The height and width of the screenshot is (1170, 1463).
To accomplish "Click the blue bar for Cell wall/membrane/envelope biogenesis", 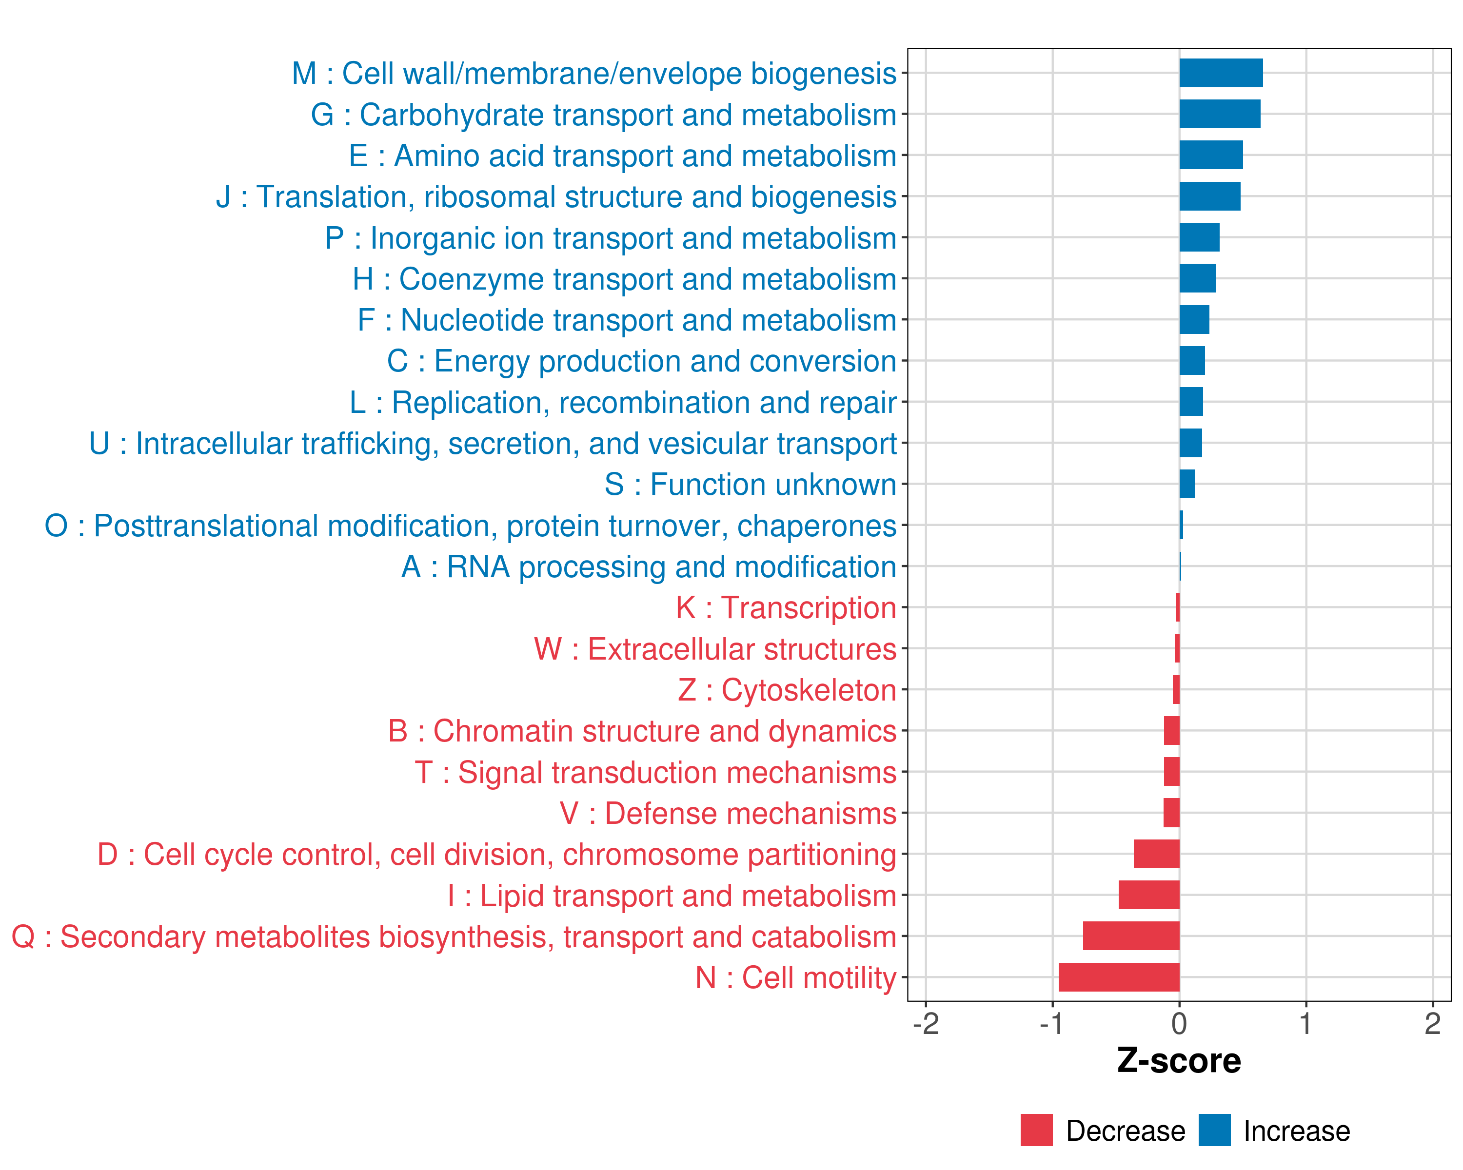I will coord(1221,73).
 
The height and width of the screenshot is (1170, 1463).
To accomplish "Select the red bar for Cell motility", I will coord(1119,977).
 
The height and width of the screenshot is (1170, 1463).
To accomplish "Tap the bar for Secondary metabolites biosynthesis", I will coord(1131,936).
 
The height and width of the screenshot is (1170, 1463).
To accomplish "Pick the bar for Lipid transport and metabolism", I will coord(1149,896).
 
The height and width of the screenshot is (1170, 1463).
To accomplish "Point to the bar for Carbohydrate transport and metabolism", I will coord(1219,114).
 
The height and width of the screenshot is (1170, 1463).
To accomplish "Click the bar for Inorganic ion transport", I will coord(1199,237).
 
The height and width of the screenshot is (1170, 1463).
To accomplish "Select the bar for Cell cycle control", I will coord(1156,854).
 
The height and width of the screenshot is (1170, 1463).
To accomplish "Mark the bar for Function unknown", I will coord(1187,484).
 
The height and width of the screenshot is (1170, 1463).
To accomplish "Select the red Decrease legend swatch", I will coord(1036,1131).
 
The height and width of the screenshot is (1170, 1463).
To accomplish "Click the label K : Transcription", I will coord(786,608).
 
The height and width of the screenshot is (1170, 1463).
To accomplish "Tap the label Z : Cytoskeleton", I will coord(787,690).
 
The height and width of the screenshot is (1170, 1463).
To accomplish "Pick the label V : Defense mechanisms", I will coord(728,813).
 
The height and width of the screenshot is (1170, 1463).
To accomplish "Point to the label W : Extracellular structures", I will coord(715,649).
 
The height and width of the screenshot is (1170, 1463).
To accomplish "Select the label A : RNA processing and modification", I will coord(649,567).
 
